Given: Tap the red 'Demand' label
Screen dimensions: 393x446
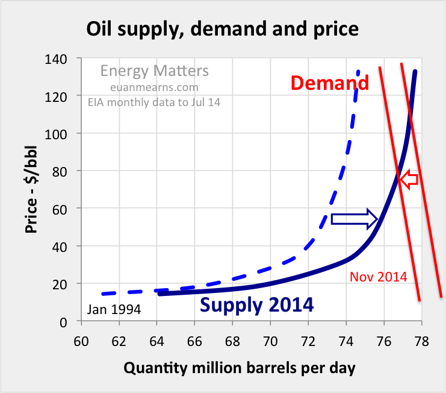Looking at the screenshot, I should [330, 83].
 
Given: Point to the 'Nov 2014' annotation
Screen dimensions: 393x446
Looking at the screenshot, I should [378, 277].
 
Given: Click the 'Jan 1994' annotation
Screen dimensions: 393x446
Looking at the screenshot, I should [114, 310].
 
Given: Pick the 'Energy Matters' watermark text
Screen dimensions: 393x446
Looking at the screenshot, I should [155, 71].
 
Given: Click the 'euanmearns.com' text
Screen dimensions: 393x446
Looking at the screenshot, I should [155, 87].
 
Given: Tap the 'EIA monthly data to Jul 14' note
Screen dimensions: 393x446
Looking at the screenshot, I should [155, 102].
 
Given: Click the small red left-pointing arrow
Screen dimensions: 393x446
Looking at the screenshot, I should [410, 179].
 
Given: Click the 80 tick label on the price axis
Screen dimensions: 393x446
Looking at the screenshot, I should [66, 171].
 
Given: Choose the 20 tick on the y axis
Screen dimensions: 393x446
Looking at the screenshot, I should [66, 284].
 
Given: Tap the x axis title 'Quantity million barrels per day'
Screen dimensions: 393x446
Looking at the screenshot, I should [240, 367].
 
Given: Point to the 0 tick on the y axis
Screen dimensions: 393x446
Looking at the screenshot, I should [69, 321].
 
